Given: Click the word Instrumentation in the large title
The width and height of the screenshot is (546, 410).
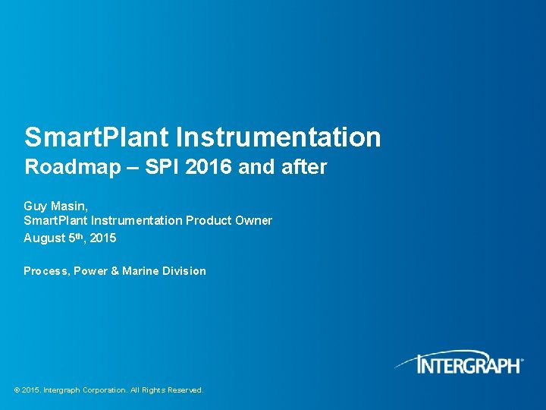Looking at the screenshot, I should (x=278, y=137).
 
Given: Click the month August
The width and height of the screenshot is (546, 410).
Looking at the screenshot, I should (x=44, y=238).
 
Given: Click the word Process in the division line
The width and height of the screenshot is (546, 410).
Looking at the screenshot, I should (x=45, y=271).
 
